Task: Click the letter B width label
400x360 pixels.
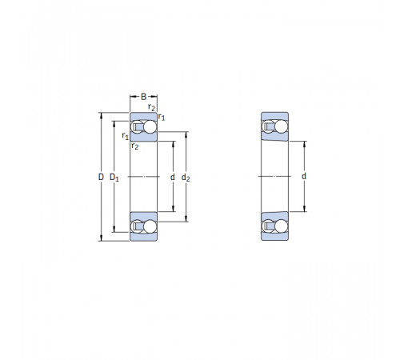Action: (143, 96)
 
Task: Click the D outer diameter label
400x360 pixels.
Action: (101, 177)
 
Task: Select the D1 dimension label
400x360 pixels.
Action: (114, 178)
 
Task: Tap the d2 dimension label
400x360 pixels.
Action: (186, 178)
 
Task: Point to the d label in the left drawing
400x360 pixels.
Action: (173, 177)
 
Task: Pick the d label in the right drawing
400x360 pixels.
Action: (304, 176)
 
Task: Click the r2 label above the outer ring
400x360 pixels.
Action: (151, 107)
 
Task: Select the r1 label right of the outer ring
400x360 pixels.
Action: (162, 117)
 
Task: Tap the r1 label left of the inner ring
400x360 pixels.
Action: (125, 136)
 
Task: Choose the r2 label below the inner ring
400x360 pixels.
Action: (135, 146)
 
